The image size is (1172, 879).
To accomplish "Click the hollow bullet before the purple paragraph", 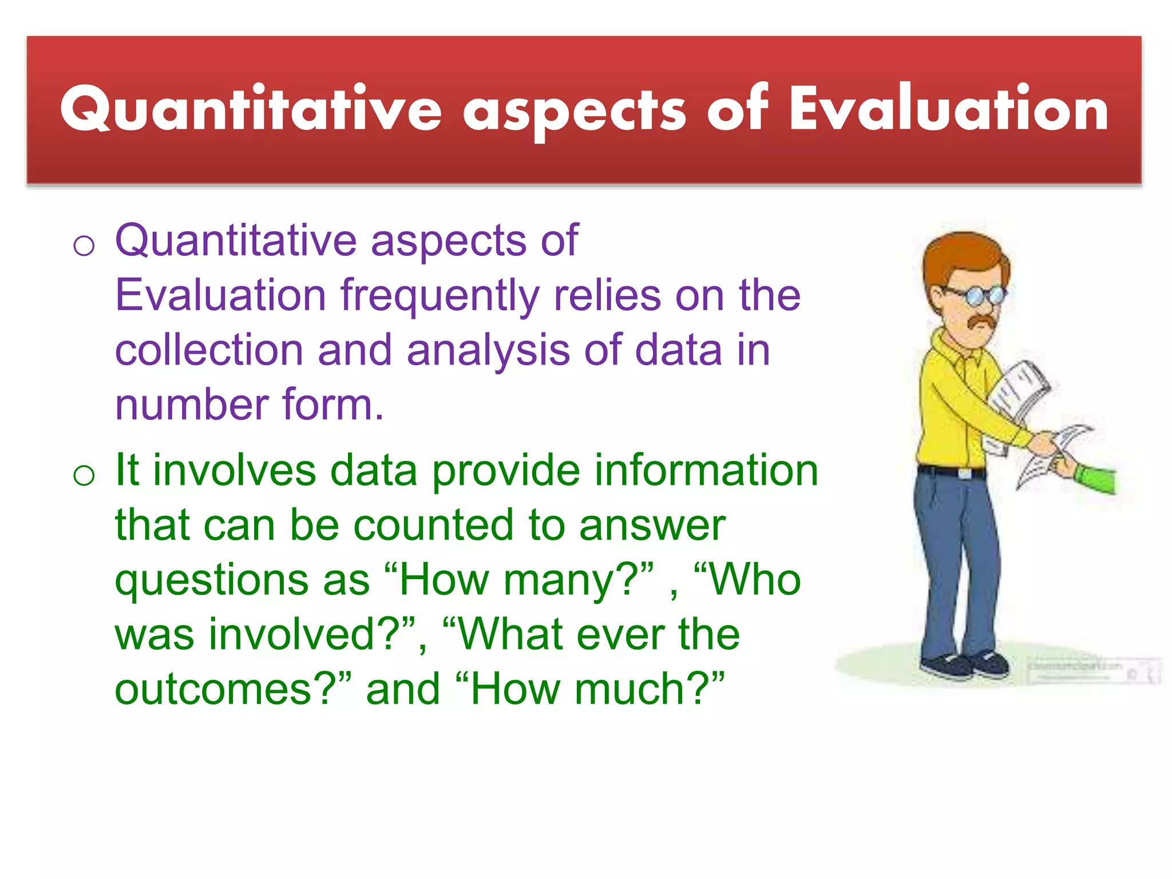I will [84, 246].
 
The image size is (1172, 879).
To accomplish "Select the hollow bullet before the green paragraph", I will [84, 475].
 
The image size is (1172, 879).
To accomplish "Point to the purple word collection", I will [209, 350].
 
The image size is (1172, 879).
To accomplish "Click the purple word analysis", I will [488, 350].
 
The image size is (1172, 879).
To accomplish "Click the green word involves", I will [234, 470].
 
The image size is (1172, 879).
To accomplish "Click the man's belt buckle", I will [964, 473].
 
